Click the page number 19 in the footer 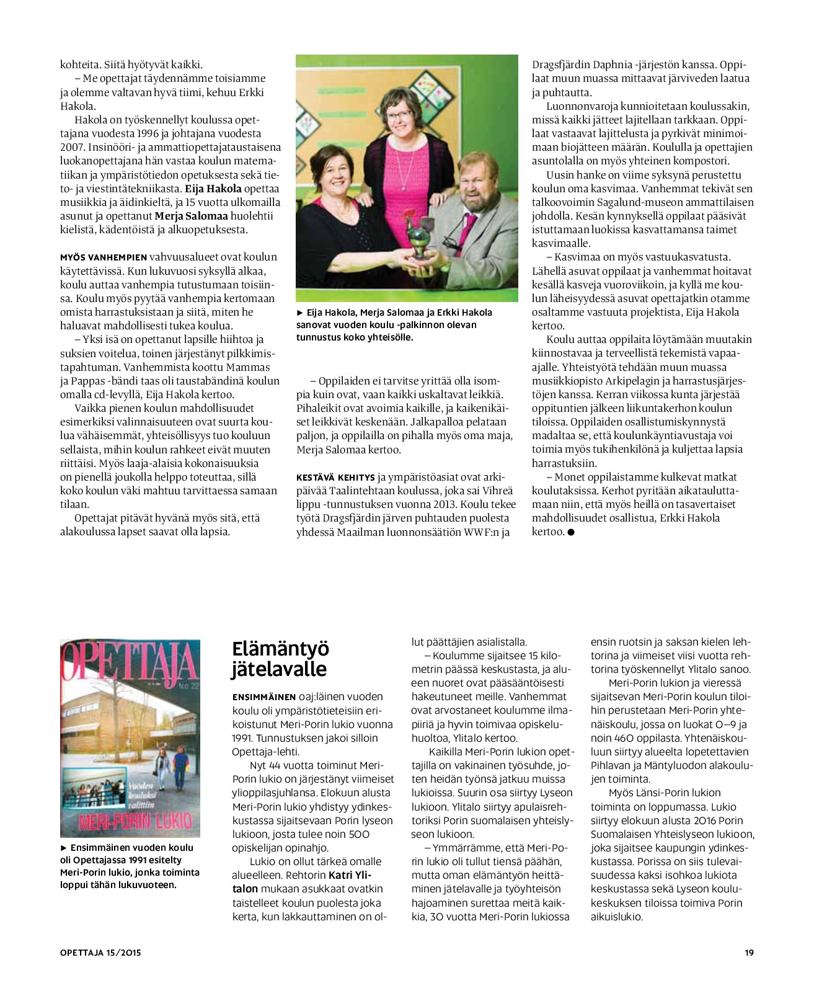pos(749,953)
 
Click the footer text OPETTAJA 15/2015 pos(100,953)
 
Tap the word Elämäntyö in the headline pos(280,649)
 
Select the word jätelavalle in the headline pos(280,670)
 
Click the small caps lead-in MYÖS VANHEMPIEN pos(104,257)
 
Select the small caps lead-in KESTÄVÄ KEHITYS pos(335,478)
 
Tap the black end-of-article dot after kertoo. pos(571,532)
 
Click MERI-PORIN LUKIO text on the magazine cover pos(135,822)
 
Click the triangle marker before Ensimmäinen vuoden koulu pos(64,848)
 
